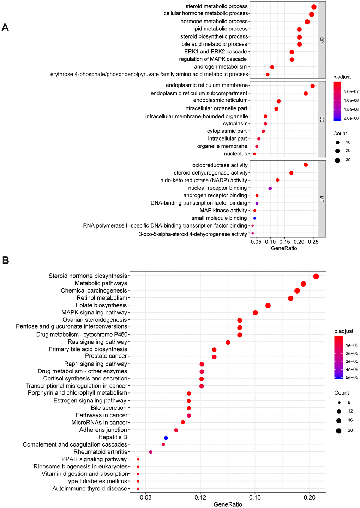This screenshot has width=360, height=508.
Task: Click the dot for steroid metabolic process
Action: pos(314,7)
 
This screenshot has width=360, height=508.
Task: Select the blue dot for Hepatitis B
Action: pos(166,438)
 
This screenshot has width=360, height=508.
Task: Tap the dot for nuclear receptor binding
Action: pos(270,188)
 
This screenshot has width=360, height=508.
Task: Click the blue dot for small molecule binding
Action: pos(254,218)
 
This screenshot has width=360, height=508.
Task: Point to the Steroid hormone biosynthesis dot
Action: pos(316,276)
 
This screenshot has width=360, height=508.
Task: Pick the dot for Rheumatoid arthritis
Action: pos(151,452)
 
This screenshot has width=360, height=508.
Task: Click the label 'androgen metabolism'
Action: pos(221,67)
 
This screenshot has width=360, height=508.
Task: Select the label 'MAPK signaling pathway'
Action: pos(94,313)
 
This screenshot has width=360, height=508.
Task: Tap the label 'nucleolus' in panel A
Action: pos(236,154)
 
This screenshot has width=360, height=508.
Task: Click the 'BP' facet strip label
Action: pos(322,40)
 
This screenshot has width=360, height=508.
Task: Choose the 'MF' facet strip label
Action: pos(322,199)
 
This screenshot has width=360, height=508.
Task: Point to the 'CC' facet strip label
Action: pos(322,120)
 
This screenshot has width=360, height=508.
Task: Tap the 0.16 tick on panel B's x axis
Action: pos(255,498)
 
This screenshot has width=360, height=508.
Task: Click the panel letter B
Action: pos(6,260)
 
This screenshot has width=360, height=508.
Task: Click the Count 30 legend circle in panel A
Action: pos(337,160)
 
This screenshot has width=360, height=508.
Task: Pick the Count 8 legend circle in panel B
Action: pos(339,402)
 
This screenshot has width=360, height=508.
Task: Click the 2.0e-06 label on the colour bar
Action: pos(351,118)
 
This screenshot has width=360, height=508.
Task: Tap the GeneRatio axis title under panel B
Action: pos(228,504)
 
